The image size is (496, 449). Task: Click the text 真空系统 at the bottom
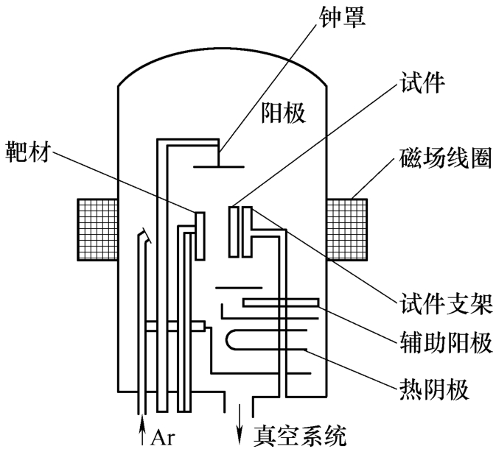pyautogui.click(x=299, y=434)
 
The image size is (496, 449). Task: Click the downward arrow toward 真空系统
pyautogui.click(x=239, y=425)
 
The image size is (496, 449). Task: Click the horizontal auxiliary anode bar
pyautogui.click(x=281, y=302)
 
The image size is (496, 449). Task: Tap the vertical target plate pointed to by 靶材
pyautogui.click(x=198, y=234)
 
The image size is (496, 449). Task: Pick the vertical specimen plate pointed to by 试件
pyautogui.click(x=234, y=233)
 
